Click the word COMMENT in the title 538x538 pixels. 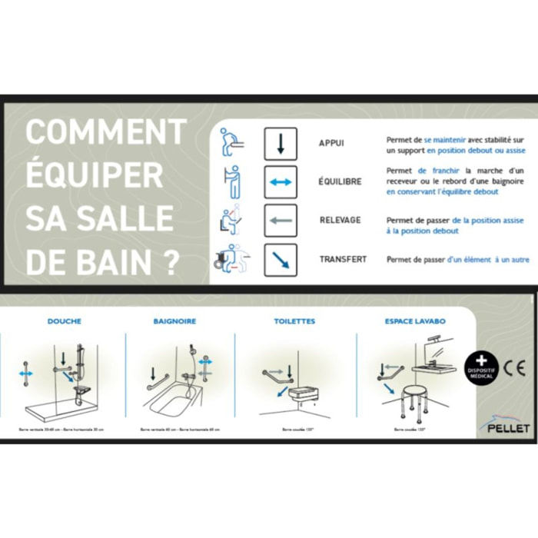click(105, 131)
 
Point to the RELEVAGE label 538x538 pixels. click(340, 221)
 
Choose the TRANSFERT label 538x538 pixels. click(343, 260)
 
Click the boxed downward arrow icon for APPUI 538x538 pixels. click(281, 144)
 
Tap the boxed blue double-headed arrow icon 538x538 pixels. click(281, 182)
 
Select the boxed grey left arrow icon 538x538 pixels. click(281, 221)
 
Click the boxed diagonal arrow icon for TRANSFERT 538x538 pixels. click(281, 261)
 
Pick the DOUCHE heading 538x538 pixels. click(64, 321)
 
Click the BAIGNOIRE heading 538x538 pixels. click(174, 321)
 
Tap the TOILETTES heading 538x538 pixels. click(294, 321)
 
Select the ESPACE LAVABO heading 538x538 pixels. click(414, 321)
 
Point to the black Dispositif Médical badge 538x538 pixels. click(480, 366)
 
